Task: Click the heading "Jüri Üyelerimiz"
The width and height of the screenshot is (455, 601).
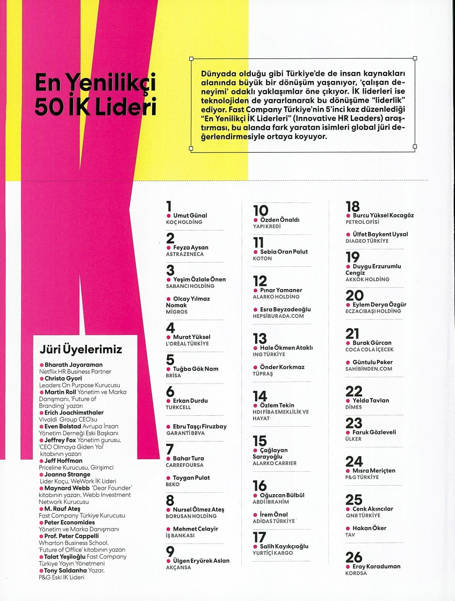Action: (x=81, y=349)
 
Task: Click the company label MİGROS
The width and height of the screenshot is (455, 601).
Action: (x=176, y=312)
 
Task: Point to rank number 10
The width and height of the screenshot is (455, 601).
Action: (x=260, y=210)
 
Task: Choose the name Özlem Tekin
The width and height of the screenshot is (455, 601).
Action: (x=277, y=405)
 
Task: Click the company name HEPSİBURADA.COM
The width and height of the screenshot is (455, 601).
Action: (x=278, y=316)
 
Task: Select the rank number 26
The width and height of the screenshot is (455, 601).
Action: (x=354, y=557)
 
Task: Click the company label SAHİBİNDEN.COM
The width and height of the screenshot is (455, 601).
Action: (x=369, y=369)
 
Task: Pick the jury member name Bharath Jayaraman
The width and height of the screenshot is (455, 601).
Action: (x=74, y=365)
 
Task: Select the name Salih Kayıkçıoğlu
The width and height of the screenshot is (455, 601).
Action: (x=284, y=546)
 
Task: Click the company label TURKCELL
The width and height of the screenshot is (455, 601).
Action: (x=178, y=407)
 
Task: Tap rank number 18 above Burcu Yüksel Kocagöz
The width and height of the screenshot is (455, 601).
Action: (x=352, y=206)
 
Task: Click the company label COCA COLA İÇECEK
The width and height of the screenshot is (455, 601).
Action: (x=369, y=349)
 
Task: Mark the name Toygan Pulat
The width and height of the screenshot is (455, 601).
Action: (x=191, y=478)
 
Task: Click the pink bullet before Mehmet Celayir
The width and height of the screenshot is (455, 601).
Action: (x=169, y=529)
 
